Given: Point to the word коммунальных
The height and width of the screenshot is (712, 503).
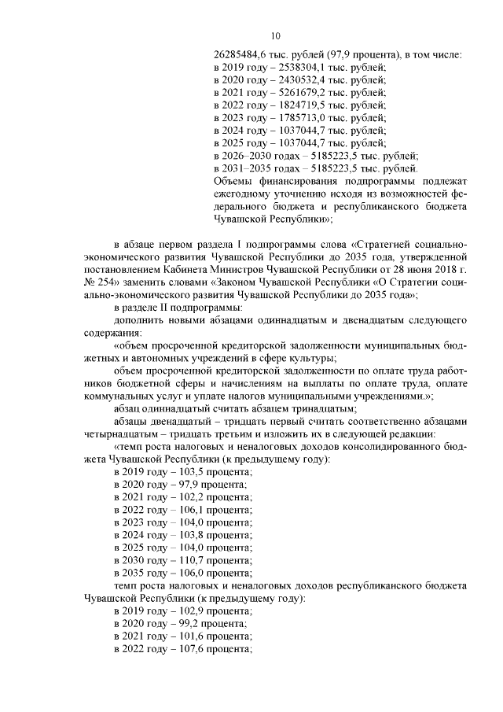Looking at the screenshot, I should point(121,395).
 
